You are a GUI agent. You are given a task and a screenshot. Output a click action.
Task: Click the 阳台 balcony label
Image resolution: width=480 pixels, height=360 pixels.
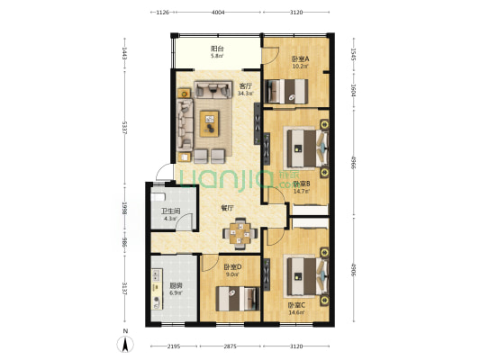point(217,49)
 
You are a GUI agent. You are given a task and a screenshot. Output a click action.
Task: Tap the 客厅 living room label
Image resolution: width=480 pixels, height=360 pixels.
point(244,86)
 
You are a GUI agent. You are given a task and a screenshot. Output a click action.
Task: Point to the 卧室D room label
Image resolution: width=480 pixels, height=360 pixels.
point(232,267)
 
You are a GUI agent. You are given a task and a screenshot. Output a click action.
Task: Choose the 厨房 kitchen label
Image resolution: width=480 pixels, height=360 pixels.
point(176,285)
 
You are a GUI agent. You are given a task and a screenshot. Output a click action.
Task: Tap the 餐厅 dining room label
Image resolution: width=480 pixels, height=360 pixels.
point(229,208)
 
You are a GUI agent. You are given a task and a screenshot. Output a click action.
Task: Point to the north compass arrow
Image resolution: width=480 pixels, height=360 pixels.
point(127,340)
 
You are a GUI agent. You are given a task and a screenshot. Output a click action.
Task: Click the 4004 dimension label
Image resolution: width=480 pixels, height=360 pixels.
point(218,13)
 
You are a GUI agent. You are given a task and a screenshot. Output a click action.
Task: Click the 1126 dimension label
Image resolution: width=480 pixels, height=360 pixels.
point(163,13)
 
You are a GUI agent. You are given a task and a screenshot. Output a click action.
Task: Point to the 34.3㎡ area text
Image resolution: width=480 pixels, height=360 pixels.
point(244,94)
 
